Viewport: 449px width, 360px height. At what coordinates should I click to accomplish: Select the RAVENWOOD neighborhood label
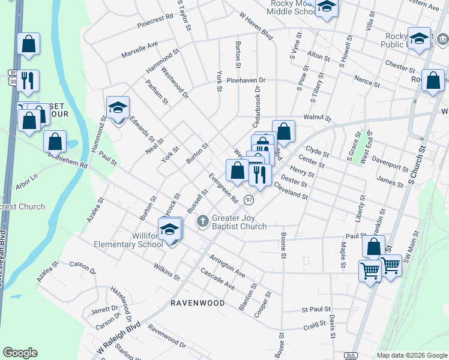click(197, 303)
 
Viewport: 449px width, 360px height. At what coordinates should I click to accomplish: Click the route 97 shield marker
click(249, 200)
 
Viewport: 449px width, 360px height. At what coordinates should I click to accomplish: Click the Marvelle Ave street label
click(139, 49)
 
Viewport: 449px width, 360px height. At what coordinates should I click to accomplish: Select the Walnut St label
click(318, 118)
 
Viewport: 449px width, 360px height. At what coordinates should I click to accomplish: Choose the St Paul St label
click(316, 310)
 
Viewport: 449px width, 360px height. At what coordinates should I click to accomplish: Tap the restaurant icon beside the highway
click(27, 80)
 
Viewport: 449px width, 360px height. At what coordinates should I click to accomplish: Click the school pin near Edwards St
click(118, 108)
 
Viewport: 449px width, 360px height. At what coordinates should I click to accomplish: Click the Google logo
click(20, 353)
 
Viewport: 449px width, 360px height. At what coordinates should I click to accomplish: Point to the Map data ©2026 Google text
click(411, 355)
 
